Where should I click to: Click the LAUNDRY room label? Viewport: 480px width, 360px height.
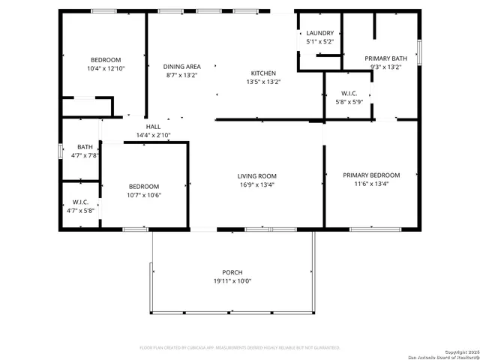pyautogui.click(x=319, y=33)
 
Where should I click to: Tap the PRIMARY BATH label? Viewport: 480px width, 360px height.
pyautogui.click(x=385, y=58)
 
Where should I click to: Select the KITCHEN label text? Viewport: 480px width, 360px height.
pyautogui.click(x=262, y=73)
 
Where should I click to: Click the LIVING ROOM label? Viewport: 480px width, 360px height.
pyautogui.click(x=256, y=176)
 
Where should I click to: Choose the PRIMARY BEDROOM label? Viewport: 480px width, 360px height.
pyautogui.click(x=371, y=175)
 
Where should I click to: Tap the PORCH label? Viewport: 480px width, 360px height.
pyautogui.click(x=232, y=272)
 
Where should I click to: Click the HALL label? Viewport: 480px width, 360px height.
pyautogui.click(x=153, y=127)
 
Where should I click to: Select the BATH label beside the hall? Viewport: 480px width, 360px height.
pyautogui.click(x=84, y=147)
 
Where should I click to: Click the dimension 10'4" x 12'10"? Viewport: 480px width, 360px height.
pyautogui.click(x=106, y=69)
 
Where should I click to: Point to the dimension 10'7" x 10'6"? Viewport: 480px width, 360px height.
pyautogui.click(x=143, y=195)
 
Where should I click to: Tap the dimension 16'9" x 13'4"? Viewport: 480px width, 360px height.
pyautogui.click(x=256, y=184)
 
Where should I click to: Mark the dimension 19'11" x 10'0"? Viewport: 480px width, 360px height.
pyautogui.click(x=232, y=281)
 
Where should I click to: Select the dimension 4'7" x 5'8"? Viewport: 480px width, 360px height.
pyautogui.click(x=81, y=211)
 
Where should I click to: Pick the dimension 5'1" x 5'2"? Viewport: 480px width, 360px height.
pyautogui.click(x=319, y=42)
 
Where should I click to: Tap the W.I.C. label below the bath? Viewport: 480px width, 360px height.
pyautogui.click(x=81, y=202)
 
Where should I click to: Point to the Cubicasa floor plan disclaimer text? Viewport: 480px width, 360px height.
pyautogui.click(x=240, y=348)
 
